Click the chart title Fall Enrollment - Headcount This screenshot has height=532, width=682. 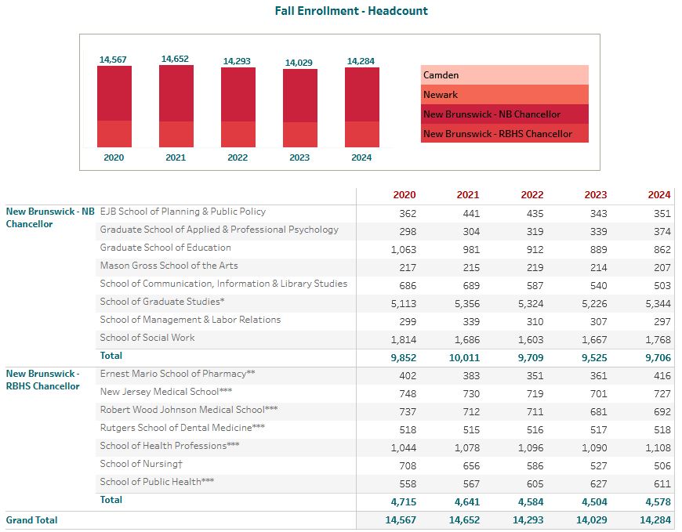[x=351, y=11]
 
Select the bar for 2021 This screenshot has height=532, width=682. [x=176, y=107]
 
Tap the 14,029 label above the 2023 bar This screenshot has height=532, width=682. [x=299, y=63]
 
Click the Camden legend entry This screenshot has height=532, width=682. [x=505, y=74]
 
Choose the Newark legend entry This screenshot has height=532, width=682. [x=505, y=94]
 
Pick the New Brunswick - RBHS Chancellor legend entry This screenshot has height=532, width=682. [x=505, y=133]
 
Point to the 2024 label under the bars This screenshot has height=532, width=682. [x=361, y=157]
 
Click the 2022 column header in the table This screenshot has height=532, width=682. [x=532, y=195]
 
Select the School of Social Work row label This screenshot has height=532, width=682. [x=147, y=338]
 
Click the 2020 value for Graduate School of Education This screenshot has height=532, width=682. [x=403, y=249]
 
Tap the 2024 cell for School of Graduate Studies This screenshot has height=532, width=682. [x=658, y=303]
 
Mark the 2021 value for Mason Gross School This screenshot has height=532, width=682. [x=471, y=268]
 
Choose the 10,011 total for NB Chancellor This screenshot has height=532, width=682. [x=465, y=358]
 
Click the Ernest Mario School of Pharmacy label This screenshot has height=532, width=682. [x=177, y=374]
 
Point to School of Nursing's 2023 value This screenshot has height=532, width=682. [x=598, y=465]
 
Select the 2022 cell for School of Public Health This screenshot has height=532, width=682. [x=535, y=483]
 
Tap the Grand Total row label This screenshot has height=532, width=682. [x=31, y=519]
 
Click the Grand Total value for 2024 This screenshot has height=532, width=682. [x=655, y=519]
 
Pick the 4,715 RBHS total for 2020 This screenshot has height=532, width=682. [x=403, y=501]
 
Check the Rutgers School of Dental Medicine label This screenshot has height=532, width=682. [x=182, y=428]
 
